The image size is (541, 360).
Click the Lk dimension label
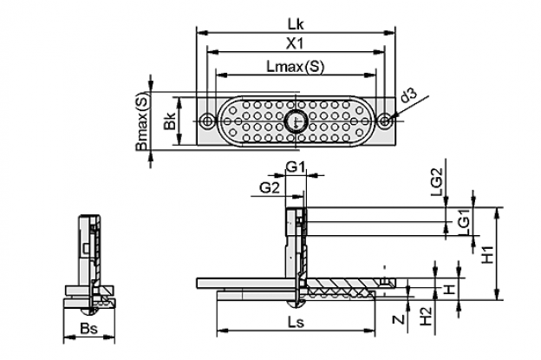tap(296, 24)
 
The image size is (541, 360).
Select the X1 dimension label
tap(296, 44)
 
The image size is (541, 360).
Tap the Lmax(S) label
tap(296, 67)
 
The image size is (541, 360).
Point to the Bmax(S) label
tap(142, 121)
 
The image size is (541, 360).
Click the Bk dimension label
tap(170, 120)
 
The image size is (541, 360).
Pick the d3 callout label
tap(409, 95)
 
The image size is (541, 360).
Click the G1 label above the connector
tap(296, 167)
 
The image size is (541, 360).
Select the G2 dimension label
tap(270, 188)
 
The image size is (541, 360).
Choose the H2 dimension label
tap(427, 317)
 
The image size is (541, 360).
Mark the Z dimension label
tap(399, 319)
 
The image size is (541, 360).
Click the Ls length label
tap(296, 323)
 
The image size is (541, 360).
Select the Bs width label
tap(88, 328)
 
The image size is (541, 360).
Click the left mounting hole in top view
tap(208, 121)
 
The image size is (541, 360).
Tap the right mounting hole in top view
tap(386, 121)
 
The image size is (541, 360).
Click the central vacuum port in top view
tap(296, 121)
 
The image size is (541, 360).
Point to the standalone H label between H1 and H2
tap(449, 289)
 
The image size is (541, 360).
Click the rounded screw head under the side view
tap(296, 304)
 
